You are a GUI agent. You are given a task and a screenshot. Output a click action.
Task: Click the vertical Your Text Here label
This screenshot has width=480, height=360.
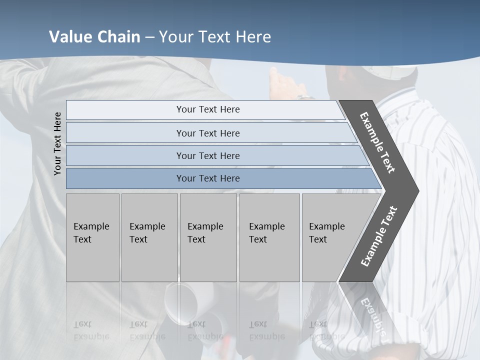(x=57, y=143)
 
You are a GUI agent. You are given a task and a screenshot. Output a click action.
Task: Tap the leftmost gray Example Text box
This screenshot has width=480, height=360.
(x=92, y=237)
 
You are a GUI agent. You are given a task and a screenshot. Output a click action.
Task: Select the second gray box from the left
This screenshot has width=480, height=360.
(x=149, y=237)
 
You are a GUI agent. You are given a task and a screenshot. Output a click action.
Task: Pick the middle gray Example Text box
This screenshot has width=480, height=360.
(x=208, y=237)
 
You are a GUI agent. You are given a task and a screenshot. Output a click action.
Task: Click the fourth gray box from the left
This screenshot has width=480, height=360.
(x=269, y=237)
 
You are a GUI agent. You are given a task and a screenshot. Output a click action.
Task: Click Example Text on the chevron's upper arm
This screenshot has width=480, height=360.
(x=377, y=142)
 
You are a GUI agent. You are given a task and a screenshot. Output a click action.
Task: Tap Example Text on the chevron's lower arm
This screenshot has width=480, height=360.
(x=378, y=236)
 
